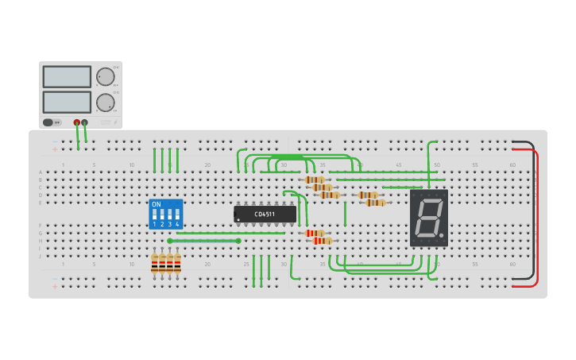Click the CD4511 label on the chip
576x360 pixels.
[x=265, y=214]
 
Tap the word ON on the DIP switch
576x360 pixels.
[x=156, y=204]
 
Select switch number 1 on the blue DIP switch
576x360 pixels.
[x=155, y=215]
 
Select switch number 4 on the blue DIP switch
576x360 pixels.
[x=176, y=215]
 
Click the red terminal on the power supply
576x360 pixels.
[x=77, y=122]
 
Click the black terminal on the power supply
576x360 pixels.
[x=85, y=122]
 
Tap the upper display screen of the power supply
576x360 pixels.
[x=67, y=76]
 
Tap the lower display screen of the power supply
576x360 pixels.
[x=67, y=102]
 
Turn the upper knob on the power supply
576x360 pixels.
[x=105, y=76]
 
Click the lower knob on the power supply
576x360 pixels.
[x=105, y=103]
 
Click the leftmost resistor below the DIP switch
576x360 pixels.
[x=155, y=263]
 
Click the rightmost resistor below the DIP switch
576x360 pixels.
[x=177, y=263]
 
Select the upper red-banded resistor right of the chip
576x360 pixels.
[x=315, y=233]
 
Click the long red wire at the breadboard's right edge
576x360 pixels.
[x=537, y=215]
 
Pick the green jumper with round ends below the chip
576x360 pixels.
[x=203, y=241]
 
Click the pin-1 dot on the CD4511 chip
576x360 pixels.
[x=238, y=220]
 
